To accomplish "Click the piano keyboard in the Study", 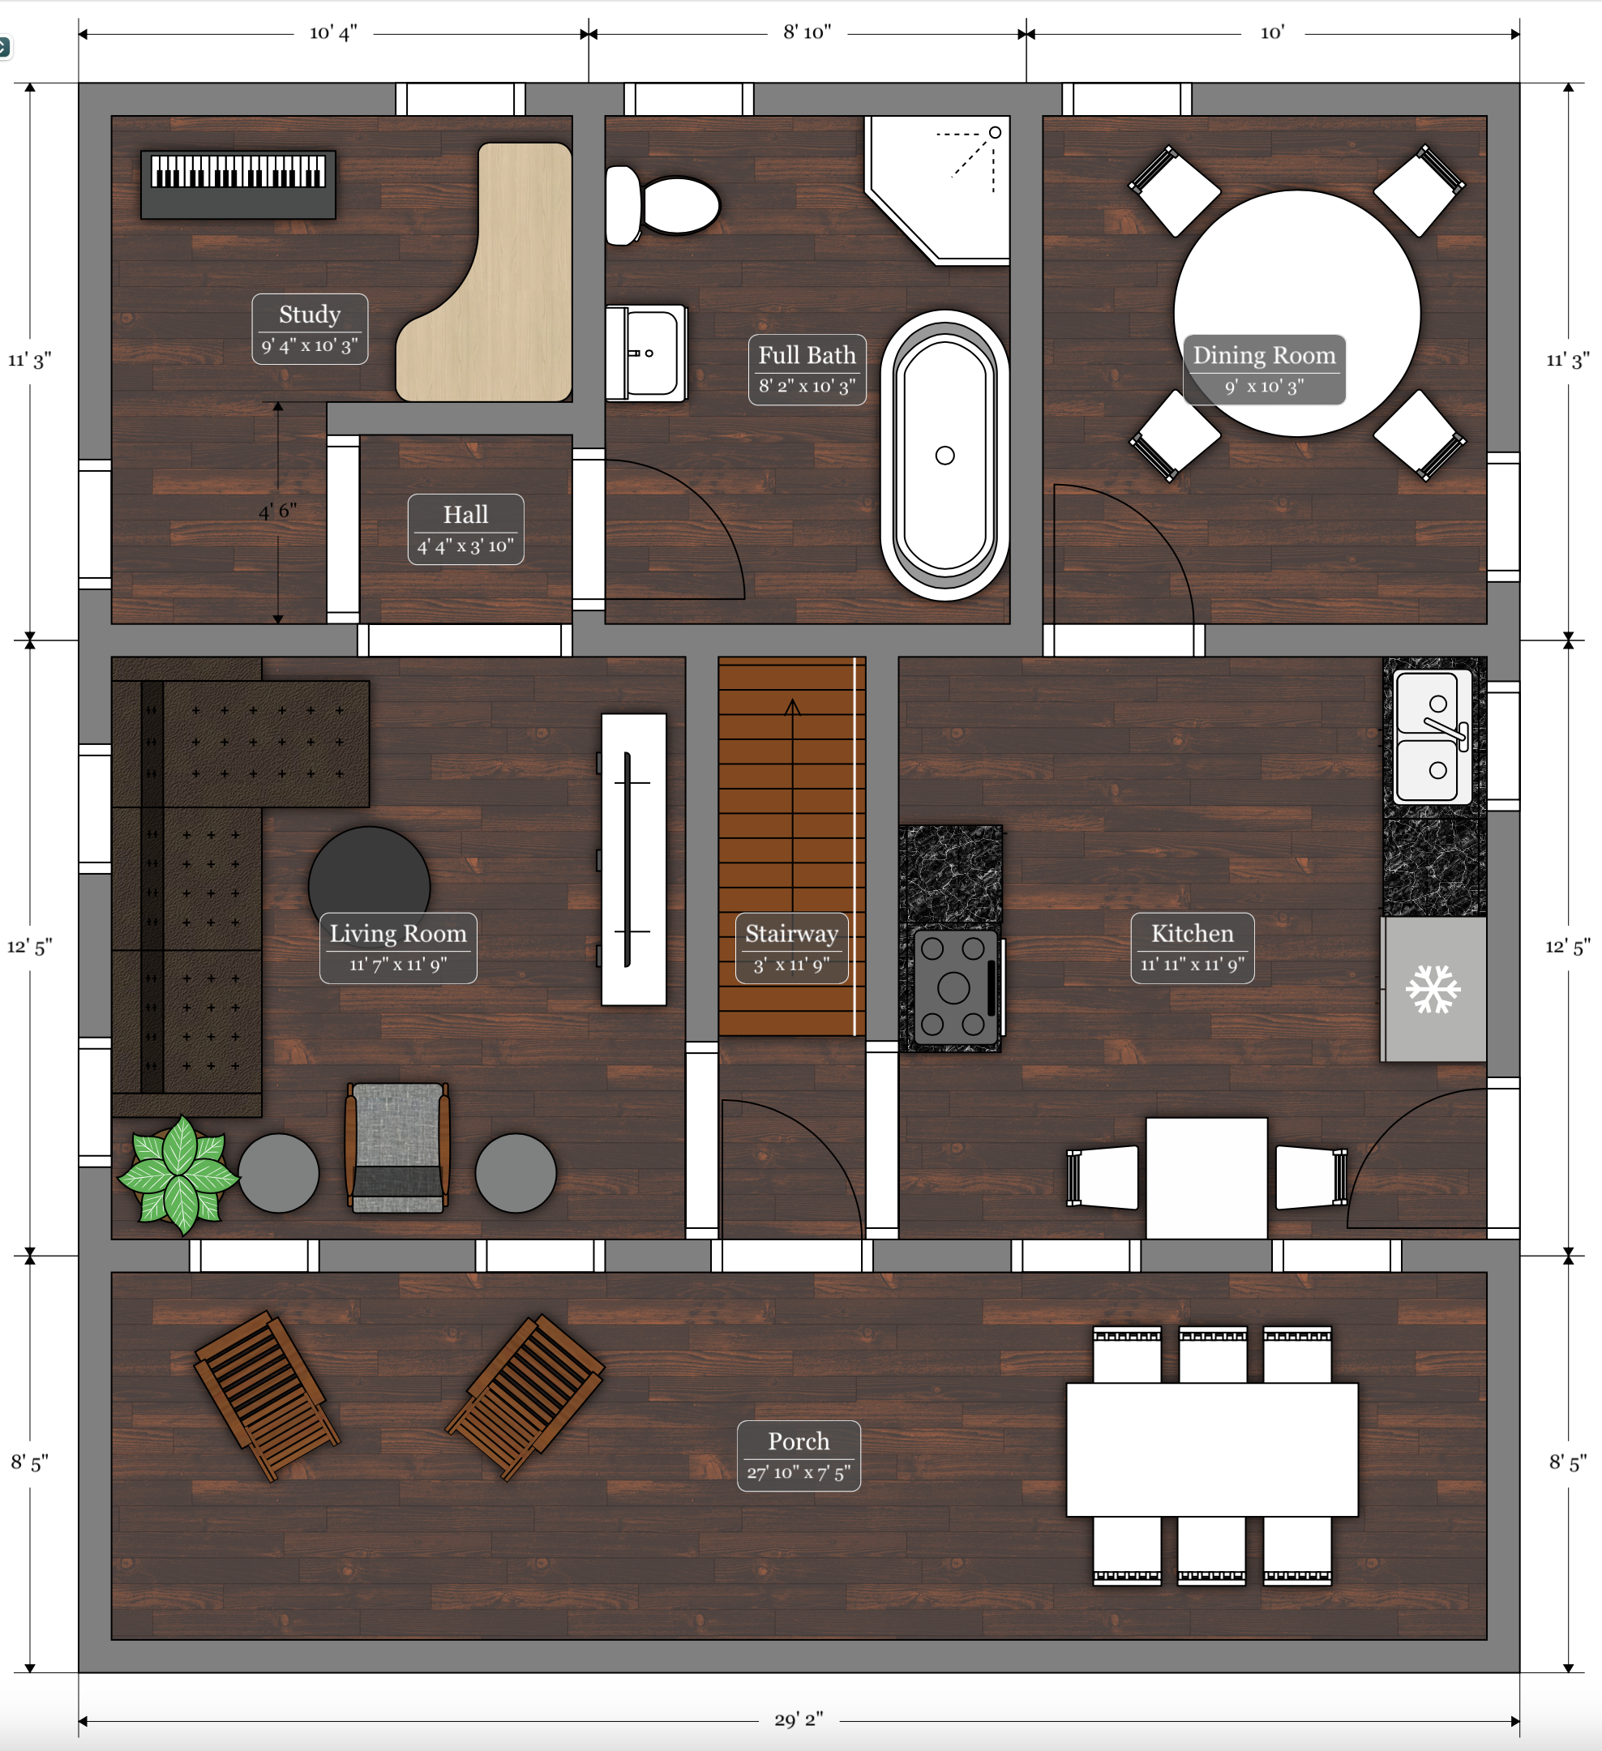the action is tap(238, 184).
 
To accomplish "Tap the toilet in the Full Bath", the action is tap(662, 206).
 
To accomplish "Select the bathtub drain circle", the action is tap(945, 455).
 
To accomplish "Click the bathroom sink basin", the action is tap(646, 353).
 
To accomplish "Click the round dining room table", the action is tap(1297, 313).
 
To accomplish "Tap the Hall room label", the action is tap(465, 529).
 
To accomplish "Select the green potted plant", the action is tap(179, 1175).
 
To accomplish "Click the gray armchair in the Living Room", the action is tap(398, 1146).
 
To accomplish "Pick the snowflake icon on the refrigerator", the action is tap(1433, 989).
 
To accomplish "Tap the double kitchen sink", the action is tap(1433, 737).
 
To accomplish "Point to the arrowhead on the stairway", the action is tap(792, 707).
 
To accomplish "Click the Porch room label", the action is tap(799, 1456).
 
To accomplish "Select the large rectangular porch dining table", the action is tap(1212, 1449).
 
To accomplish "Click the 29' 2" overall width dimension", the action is tap(799, 1719).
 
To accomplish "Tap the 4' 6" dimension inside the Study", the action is tap(278, 511).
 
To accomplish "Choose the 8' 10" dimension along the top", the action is tap(807, 32).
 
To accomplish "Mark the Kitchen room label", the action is tap(1193, 948).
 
